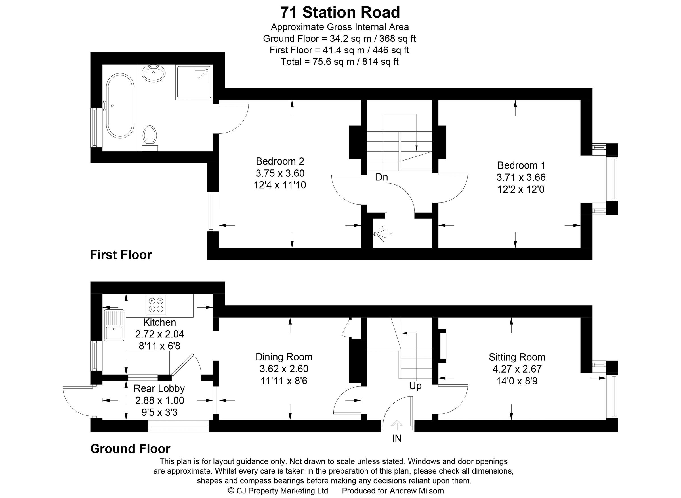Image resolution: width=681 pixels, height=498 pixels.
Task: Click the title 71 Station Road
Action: (x=340, y=13)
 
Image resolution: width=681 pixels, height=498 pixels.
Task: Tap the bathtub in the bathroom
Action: (x=120, y=106)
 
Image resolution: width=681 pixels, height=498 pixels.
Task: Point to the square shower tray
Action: (x=194, y=82)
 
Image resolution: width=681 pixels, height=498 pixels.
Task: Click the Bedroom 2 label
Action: (x=280, y=161)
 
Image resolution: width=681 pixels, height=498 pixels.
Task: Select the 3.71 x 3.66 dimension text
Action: (x=521, y=177)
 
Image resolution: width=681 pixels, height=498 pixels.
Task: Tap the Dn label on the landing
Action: (x=381, y=177)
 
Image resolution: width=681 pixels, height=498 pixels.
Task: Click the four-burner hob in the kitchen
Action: (x=156, y=305)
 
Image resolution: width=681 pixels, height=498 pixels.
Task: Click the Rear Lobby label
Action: (x=159, y=388)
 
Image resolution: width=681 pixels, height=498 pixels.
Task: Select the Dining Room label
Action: (x=284, y=357)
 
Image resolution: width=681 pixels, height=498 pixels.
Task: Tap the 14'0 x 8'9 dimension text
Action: (x=517, y=381)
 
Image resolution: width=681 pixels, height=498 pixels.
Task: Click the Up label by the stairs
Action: (x=415, y=386)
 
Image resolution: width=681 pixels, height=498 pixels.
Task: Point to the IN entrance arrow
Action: (x=397, y=426)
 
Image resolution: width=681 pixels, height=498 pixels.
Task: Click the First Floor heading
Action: (x=121, y=255)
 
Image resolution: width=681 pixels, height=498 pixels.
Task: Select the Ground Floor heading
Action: (x=130, y=449)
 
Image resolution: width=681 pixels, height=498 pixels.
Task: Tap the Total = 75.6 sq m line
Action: (x=339, y=62)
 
